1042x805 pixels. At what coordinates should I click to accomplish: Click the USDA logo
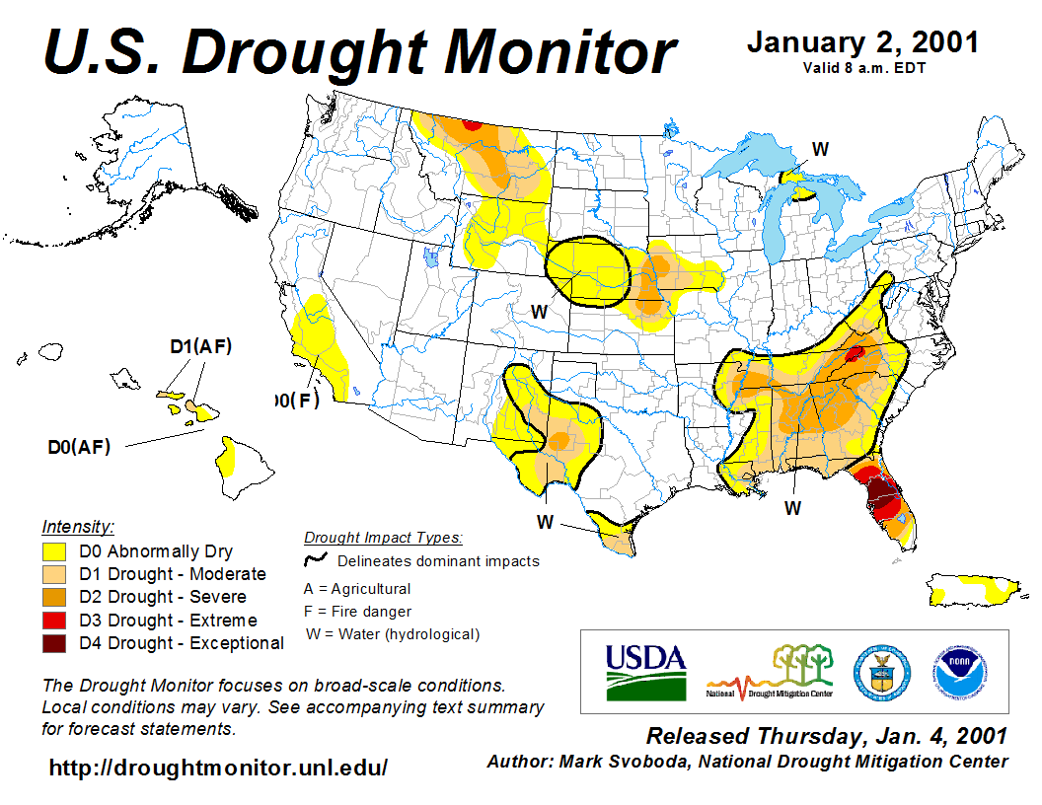pyautogui.click(x=645, y=672)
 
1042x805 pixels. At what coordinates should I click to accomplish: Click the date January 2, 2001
pyautogui.click(x=862, y=42)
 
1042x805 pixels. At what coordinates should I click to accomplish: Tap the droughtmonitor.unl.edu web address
pyautogui.click(x=218, y=767)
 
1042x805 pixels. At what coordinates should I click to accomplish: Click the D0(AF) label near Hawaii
pyautogui.click(x=79, y=446)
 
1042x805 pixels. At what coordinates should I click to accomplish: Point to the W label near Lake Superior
pyautogui.click(x=820, y=149)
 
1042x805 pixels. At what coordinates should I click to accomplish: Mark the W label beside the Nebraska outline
pyautogui.click(x=539, y=311)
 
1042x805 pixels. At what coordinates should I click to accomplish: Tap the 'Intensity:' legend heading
pyautogui.click(x=79, y=527)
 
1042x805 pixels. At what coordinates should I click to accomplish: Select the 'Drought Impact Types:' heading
pyautogui.click(x=383, y=538)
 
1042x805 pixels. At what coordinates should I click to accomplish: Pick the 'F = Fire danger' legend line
pyautogui.click(x=358, y=612)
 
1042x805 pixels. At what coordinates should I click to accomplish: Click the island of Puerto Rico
pyautogui.click(x=973, y=590)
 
